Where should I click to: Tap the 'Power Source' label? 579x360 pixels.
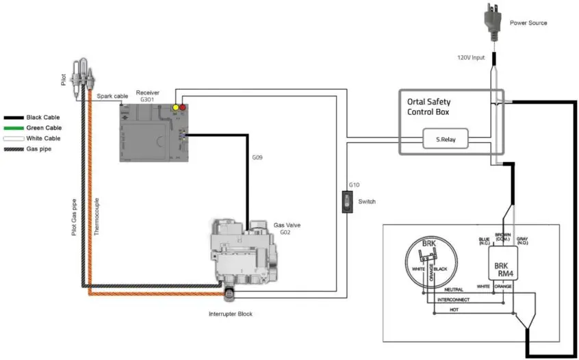(528, 23)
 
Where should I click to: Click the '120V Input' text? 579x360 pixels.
(471, 57)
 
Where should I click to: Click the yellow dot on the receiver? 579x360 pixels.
(176, 107)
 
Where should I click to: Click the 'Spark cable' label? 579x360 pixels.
(112, 97)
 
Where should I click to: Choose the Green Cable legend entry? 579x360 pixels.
(44, 128)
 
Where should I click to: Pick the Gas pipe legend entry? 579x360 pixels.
(38, 149)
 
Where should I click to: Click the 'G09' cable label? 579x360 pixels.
(257, 158)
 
